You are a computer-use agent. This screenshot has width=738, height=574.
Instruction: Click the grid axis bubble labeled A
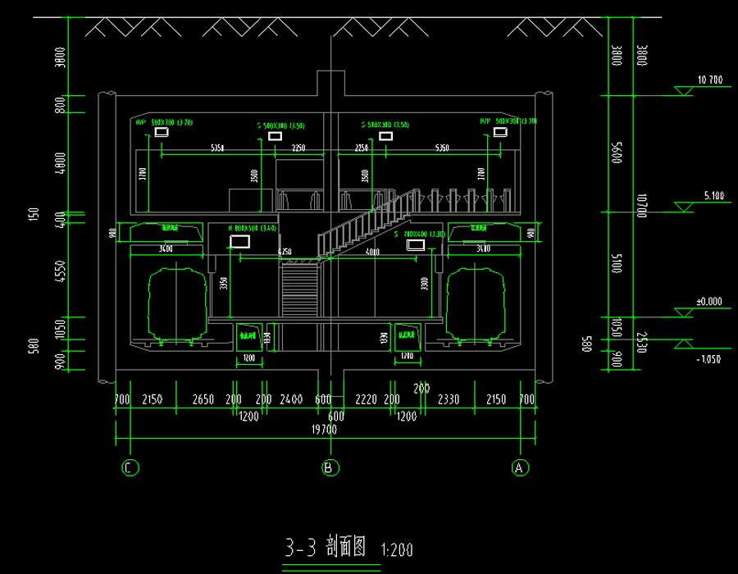point(519,467)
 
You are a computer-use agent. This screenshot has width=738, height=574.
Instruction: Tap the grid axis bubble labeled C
point(130,467)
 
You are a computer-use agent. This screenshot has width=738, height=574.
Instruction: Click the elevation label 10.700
point(709,80)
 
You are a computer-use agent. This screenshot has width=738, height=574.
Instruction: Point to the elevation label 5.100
point(713,196)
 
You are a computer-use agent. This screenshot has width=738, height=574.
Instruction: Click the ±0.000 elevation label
point(709,302)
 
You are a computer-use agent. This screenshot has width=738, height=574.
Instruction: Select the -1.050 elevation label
point(709,359)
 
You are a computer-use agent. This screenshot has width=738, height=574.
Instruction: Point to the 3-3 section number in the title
point(300,548)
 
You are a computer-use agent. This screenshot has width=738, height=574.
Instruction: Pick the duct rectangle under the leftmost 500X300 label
point(162,132)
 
